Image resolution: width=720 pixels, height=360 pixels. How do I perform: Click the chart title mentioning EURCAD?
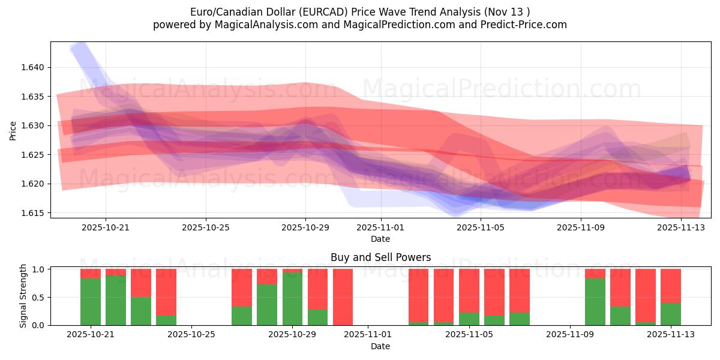pos(360,11)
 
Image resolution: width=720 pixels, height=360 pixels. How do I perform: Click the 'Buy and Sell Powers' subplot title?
pos(380,257)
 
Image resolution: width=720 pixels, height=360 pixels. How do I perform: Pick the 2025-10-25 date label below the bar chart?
pos(191,335)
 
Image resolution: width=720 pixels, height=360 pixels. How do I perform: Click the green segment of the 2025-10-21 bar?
pos(91,301)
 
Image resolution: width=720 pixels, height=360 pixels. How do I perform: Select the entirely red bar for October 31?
pos(343,297)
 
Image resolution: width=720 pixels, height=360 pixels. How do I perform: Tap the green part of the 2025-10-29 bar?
pos(292,299)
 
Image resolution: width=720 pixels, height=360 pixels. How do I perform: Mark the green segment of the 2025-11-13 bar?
pos(671,314)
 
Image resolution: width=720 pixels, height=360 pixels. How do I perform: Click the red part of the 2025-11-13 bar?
pos(671,286)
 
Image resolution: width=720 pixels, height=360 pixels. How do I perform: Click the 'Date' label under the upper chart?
pos(380,239)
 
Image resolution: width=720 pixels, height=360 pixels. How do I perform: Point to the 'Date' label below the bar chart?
pos(380,346)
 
